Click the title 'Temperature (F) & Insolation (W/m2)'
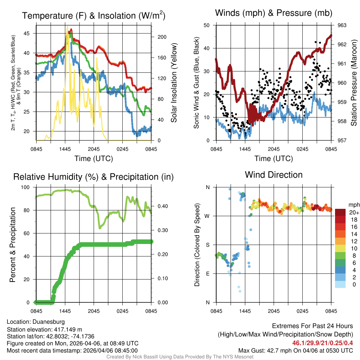[x=94, y=16]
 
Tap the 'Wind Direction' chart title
[x=274, y=175]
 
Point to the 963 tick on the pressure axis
[x=342, y=25]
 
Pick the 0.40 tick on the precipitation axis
[x=160, y=206]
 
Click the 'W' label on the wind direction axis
[x=207, y=216]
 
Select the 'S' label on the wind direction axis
[x=207, y=245]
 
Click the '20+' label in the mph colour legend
[x=353, y=213]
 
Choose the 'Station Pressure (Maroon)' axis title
[x=354, y=83]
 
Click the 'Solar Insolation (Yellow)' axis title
[x=174, y=83]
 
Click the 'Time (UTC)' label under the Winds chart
[x=274, y=159]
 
